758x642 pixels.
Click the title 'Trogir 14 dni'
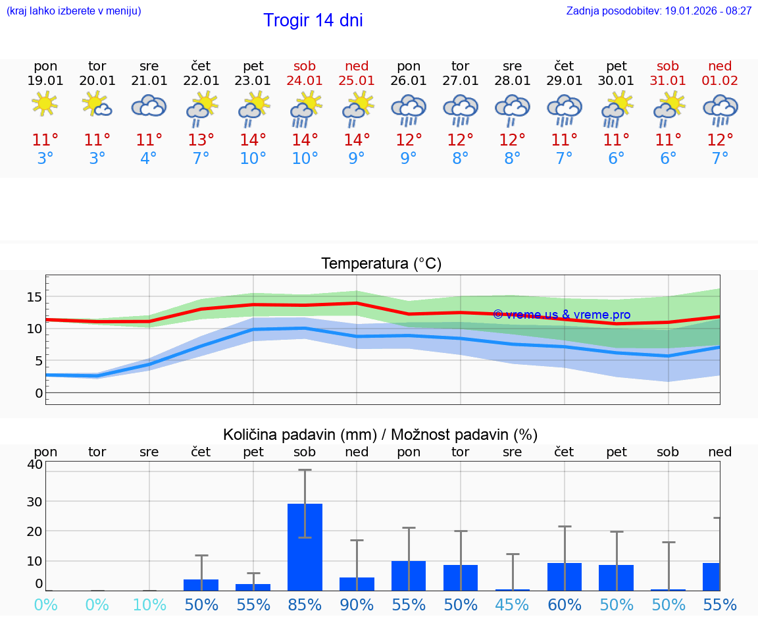coord(313,20)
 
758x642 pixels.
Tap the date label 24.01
coord(305,81)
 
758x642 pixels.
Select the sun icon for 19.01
coord(45,104)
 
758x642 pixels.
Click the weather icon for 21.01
coord(149,105)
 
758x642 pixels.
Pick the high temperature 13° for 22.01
coord(201,140)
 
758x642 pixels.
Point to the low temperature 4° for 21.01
coord(149,159)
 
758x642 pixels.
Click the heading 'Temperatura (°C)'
coord(381,264)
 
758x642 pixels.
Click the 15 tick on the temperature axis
coord(34,297)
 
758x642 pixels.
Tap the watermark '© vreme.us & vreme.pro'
coord(561,315)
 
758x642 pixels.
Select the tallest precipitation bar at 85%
coord(305,547)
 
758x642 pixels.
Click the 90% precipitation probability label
coord(357,604)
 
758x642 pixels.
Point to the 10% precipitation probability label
coord(149,604)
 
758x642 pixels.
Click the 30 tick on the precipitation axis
coord(34,501)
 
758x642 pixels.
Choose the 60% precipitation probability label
coord(565,604)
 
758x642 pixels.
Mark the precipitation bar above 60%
coord(565,577)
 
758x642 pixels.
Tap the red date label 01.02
coord(720,81)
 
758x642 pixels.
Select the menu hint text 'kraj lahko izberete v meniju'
coord(74,11)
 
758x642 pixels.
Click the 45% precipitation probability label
coord(513,604)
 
